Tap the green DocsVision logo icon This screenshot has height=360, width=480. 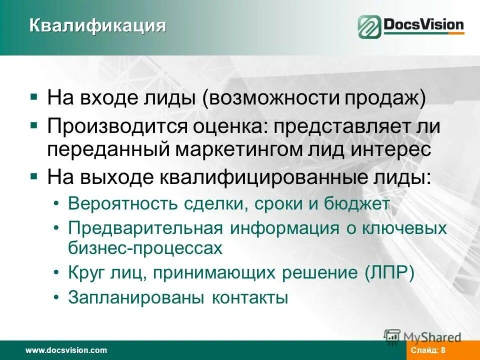coord(369,27)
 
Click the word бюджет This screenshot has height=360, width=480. coord(357,204)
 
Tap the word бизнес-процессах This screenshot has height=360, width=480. coord(145,248)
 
